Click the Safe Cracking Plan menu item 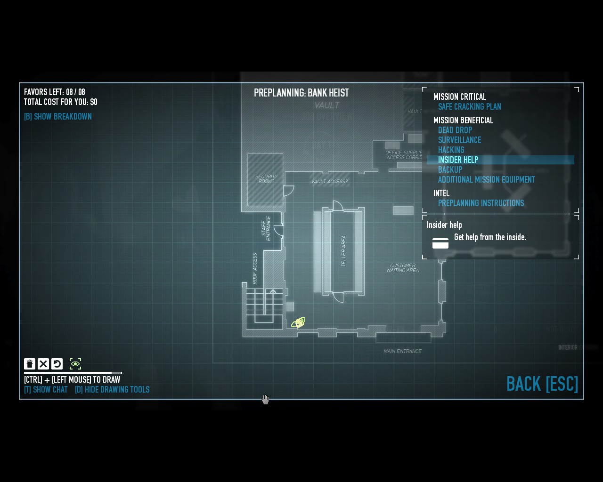click(469, 107)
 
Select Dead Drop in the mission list click(455, 130)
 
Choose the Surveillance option click(459, 140)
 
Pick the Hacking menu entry click(451, 150)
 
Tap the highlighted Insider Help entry click(458, 160)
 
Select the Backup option click(450, 170)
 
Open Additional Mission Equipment click(486, 180)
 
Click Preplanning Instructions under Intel click(481, 203)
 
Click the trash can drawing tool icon click(30, 364)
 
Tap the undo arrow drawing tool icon click(57, 364)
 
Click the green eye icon click(75, 364)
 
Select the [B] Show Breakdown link click(58, 117)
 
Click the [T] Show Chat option click(46, 390)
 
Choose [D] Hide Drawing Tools click(112, 390)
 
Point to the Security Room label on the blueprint click(266, 179)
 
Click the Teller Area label click(343, 251)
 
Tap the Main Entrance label click(402, 351)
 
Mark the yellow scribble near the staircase click(298, 323)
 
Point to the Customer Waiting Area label click(402, 268)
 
